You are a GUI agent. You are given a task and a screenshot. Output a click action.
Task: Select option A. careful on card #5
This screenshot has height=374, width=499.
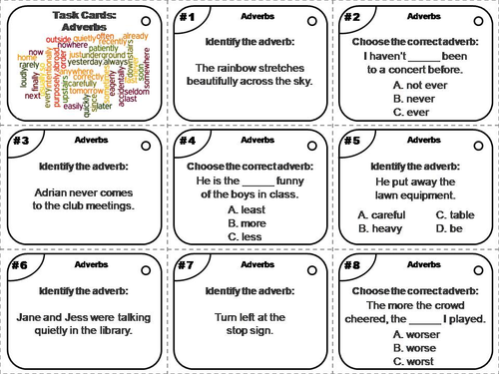click(x=383, y=214)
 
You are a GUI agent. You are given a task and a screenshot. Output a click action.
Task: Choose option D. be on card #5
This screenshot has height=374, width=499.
click(x=448, y=228)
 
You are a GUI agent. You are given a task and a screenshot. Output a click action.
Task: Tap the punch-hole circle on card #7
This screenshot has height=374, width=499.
click(x=312, y=267)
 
